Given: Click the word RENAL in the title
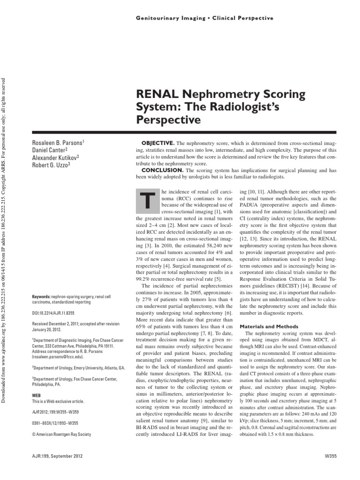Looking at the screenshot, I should tap(156, 94).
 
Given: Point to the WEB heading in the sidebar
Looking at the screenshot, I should tap(37, 396).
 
